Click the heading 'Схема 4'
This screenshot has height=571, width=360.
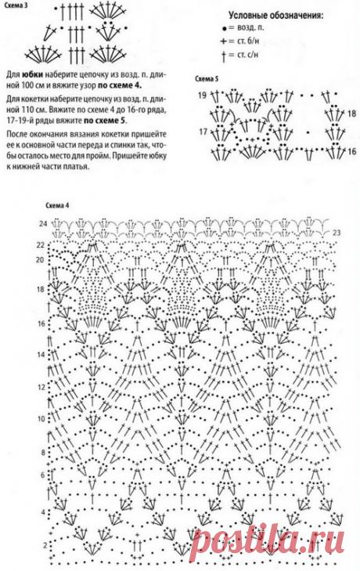coord(56,205)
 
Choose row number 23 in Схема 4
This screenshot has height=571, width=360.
coord(336,233)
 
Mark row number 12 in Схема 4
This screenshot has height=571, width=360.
coord(41,385)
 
